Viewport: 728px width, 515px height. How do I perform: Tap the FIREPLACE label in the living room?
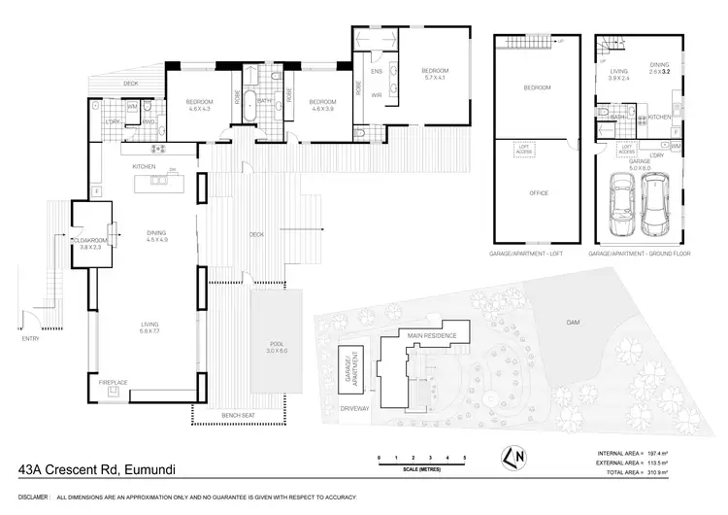pos(113,383)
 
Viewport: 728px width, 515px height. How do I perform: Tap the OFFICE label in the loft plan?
pos(538,192)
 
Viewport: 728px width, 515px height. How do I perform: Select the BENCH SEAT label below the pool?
pos(237,415)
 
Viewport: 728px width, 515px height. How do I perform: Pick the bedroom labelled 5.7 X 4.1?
pos(434,75)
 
